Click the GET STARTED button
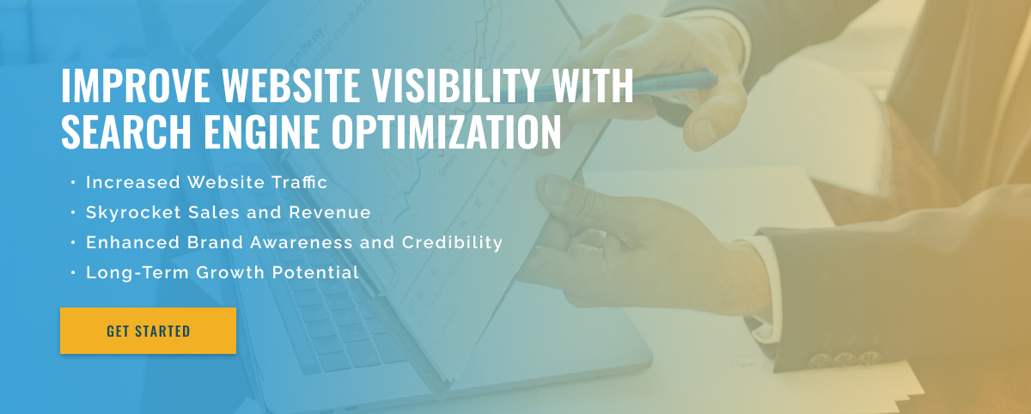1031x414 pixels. click(x=148, y=331)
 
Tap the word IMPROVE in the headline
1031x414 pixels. click(x=136, y=85)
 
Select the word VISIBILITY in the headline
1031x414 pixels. click(x=455, y=85)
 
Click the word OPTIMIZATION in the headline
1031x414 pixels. click(x=447, y=131)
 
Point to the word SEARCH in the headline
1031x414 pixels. click(x=126, y=131)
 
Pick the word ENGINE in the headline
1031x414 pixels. click(x=261, y=131)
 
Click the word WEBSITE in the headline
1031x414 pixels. click(x=291, y=85)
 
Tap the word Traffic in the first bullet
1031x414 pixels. click(x=299, y=182)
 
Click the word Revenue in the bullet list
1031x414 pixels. click(x=330, y=212)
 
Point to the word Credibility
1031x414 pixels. click(x=452, y=243)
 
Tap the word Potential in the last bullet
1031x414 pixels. click(x=315, y=272)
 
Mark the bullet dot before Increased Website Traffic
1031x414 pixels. click(x=73, y=183)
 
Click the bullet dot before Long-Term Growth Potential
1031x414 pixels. click(x=73, y=273)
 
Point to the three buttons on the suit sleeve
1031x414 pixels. click(x=845, y=359)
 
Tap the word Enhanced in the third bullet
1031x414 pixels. click(x=132, y=242)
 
